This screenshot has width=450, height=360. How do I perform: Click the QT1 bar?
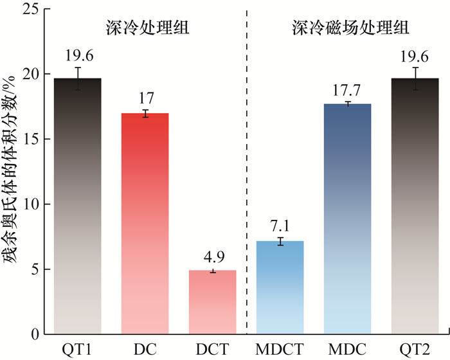pos(77,206)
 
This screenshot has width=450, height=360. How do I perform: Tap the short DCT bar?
pos(212,302)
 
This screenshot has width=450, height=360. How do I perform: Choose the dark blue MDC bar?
pos(347,219)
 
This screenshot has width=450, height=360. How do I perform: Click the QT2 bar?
pos(415,206)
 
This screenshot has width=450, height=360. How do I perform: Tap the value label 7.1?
pos(280,226)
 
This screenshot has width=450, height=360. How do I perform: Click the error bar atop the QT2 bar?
pos(415,78)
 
